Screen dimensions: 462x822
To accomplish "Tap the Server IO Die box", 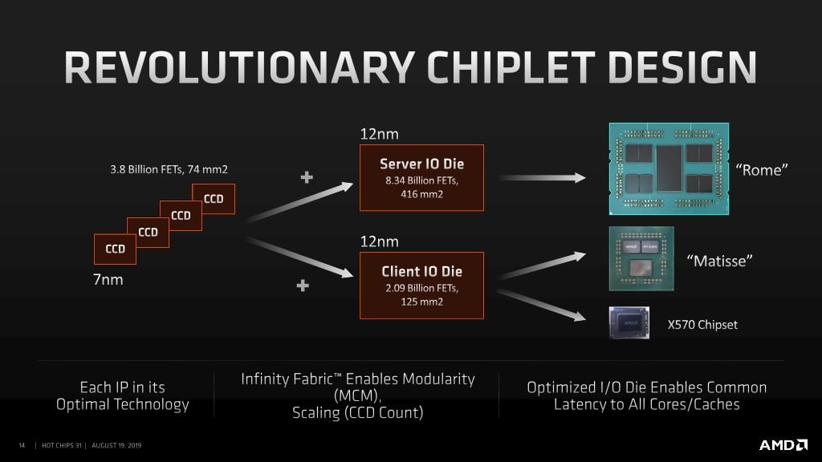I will point(421,177).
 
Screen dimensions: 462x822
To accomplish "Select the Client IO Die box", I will point(421,285).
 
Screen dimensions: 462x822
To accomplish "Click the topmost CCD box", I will point(214,199).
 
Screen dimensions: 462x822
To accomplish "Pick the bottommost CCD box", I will point(115,249).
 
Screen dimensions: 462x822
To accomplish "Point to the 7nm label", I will point(108,281).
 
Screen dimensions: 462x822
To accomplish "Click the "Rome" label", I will point(763,169).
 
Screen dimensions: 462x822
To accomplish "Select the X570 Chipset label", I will point(702,325).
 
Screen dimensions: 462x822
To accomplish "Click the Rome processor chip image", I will point(668,168).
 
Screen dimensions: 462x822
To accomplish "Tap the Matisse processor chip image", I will point(641,258).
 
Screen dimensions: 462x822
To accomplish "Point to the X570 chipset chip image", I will point(629,322).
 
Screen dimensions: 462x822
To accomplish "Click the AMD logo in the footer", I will point(783,444).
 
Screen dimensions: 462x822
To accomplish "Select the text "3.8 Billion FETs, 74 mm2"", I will point(174,170).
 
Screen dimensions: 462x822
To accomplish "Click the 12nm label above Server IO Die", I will point(379,134).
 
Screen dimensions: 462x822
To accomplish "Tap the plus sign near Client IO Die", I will point(303,286).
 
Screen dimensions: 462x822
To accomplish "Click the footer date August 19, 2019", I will point(117,445).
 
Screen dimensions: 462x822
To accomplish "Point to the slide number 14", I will point(22,445).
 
